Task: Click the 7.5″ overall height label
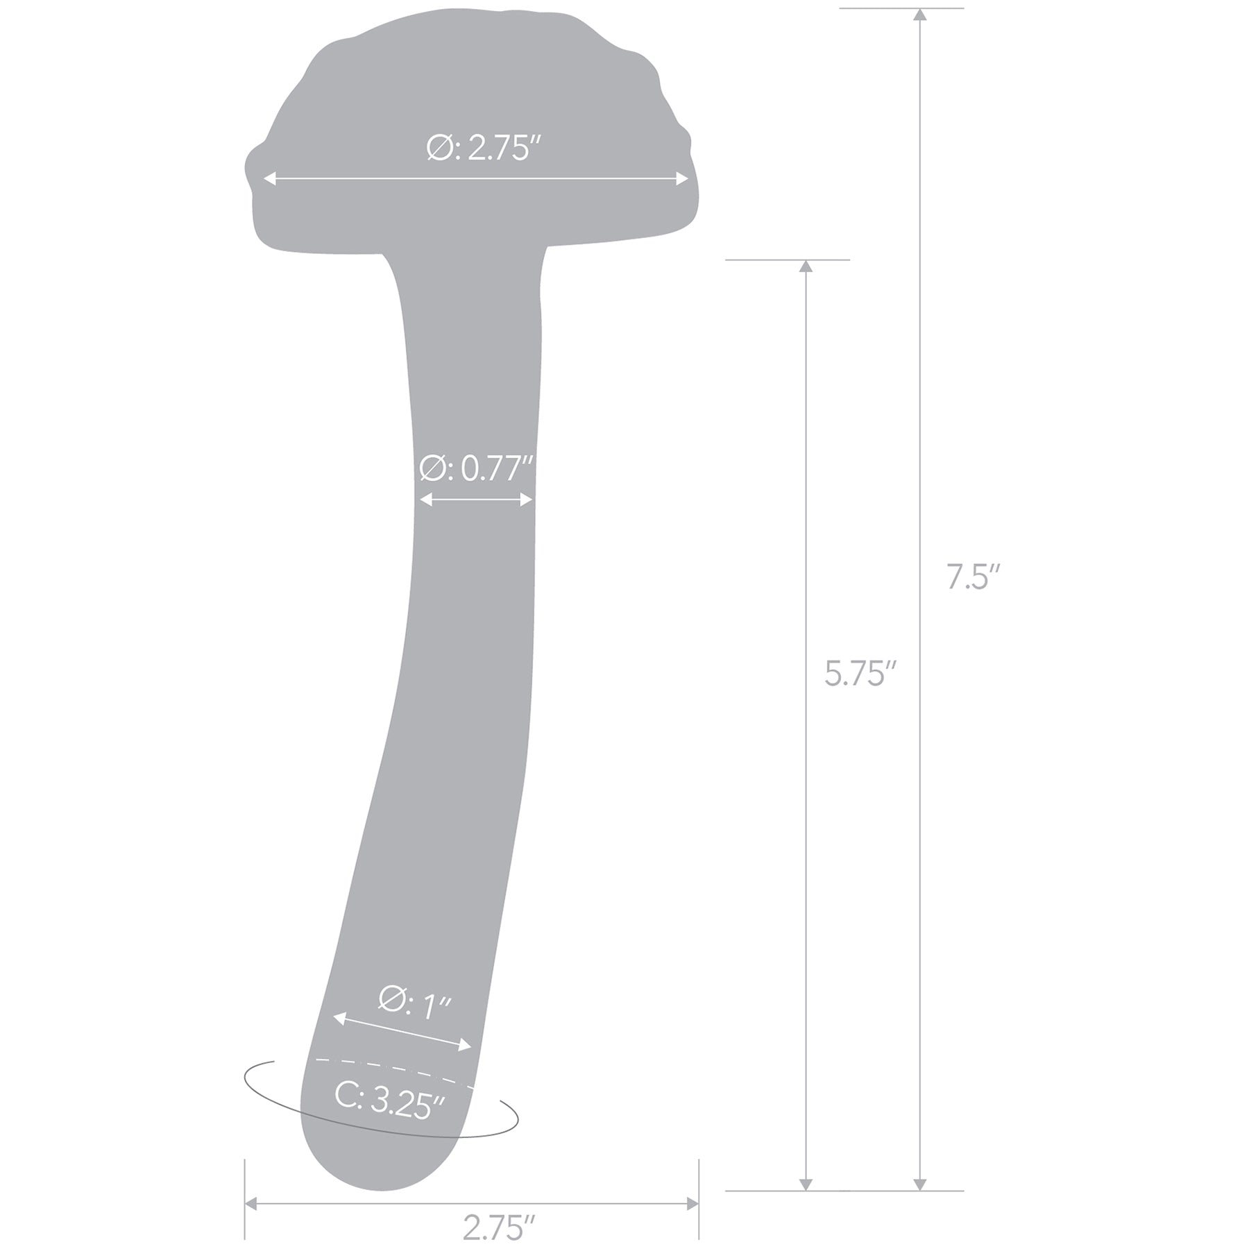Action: (973, 577)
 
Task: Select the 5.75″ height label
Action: (860, 674)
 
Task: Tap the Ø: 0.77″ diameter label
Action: (476, 469)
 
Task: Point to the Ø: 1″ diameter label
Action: (415, 1004)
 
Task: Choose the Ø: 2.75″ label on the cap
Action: (483, 148)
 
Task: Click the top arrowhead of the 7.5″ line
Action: (919, 15)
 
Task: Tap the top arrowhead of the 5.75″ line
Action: (805, 266)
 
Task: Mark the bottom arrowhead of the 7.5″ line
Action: (919, 1184)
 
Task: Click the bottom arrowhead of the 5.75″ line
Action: (805, 1184)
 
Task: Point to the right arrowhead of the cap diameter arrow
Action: (683, 179)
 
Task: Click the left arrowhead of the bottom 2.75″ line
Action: (251, 1203)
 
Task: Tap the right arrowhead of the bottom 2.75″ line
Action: (693, 1203)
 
